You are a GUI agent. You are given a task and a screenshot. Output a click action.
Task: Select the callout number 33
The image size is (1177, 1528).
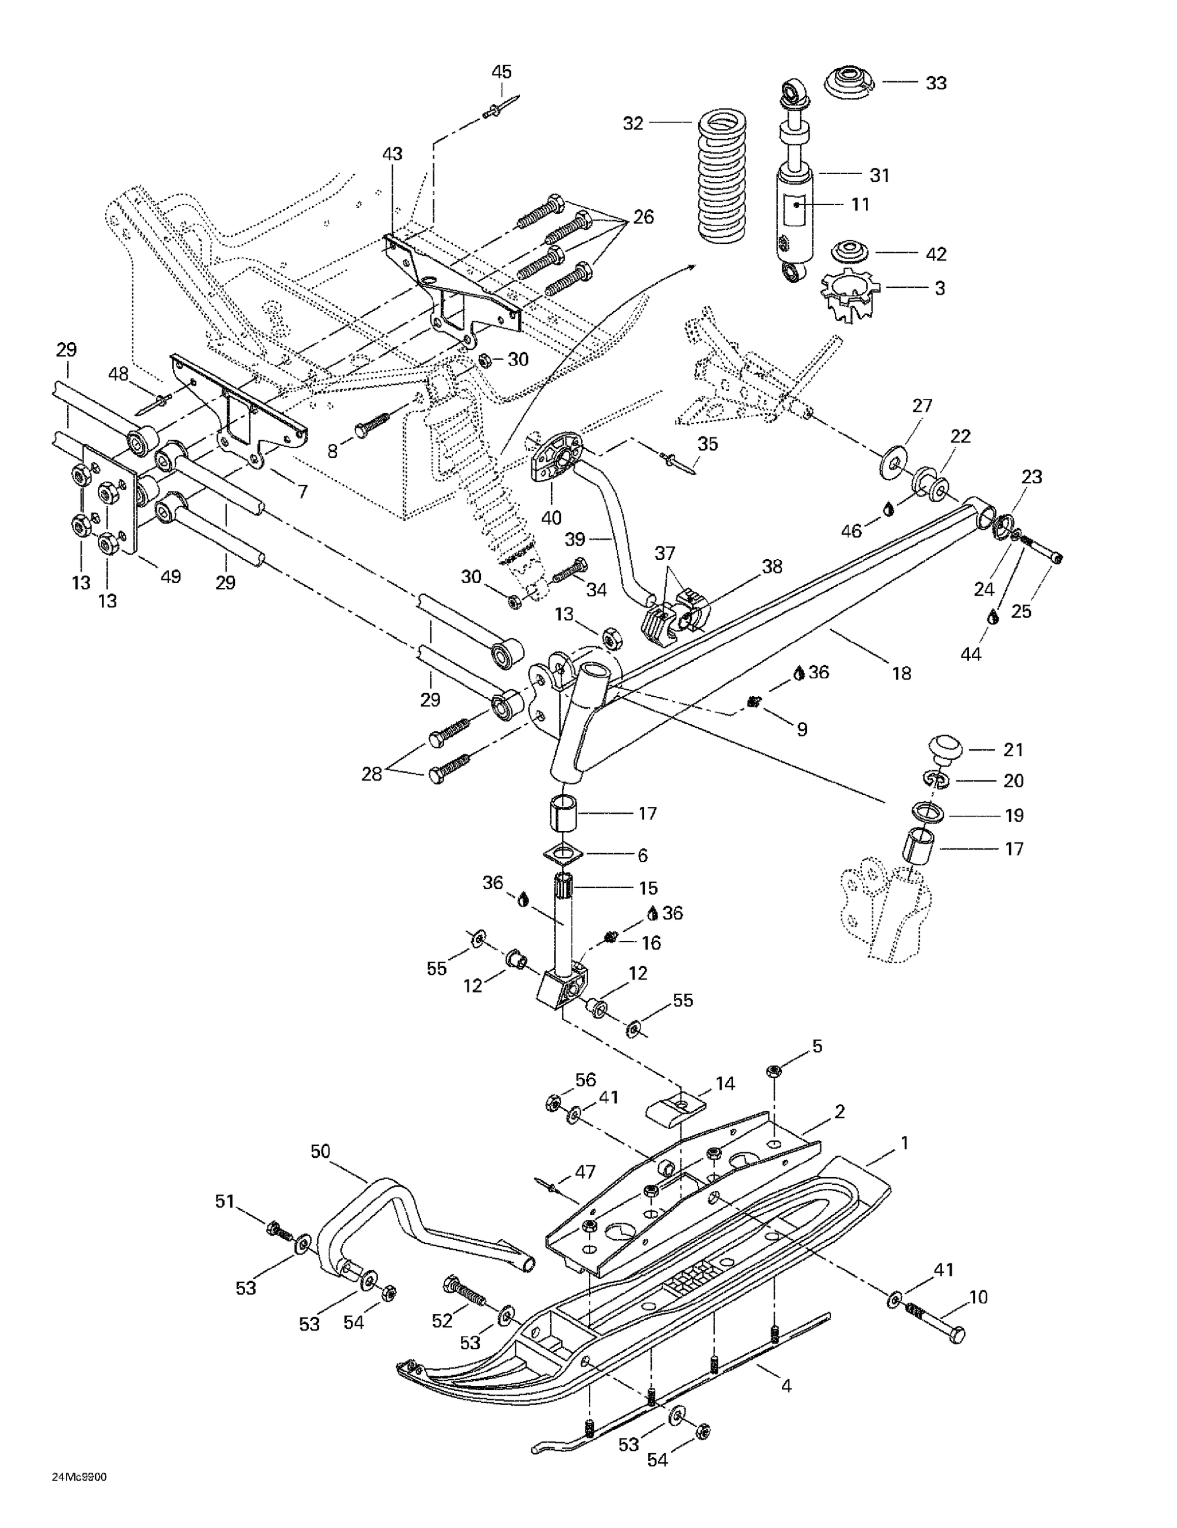tap(936, 83)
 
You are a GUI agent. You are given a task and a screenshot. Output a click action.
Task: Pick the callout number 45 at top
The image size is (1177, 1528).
tap(501, 71)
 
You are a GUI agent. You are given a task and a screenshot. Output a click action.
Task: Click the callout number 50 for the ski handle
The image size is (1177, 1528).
tap(320, 1151)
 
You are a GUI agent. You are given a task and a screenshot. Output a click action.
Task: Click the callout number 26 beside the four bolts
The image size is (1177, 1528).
tap(643, 217)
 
